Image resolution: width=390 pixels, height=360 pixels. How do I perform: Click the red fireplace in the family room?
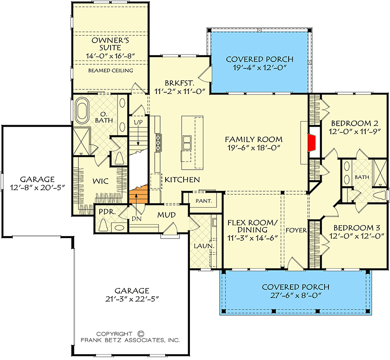coord(312,143)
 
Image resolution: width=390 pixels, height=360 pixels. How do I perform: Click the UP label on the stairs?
coord(138,122)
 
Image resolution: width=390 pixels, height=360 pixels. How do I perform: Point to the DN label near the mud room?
coord(137,219)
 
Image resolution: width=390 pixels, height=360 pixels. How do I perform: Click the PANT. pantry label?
coord(204,200)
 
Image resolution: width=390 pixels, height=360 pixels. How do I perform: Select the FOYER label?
coord(296,230)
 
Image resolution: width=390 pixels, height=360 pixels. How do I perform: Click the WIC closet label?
coord(100,181)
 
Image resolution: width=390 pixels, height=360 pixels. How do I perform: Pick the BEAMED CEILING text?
coord(111,71)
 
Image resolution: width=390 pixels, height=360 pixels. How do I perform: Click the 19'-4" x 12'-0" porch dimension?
coord(260,67)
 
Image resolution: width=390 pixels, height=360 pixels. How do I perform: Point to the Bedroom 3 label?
coord(357,227)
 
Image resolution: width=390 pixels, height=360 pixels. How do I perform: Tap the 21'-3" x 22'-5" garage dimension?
coord(132,299)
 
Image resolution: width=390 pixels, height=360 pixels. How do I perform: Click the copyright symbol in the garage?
coord(140,334)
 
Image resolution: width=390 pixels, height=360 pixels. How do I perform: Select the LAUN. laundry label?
coord(204,246)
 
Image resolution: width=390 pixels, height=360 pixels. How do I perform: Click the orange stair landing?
coord(139,194)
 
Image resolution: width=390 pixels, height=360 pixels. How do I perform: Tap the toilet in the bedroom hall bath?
coord(379,195)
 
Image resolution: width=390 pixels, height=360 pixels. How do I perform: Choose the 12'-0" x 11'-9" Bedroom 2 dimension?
coord(355,132)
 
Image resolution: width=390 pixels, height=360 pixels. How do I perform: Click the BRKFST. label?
coord(179,83)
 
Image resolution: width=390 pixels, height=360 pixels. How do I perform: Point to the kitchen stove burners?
coord(158,143)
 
